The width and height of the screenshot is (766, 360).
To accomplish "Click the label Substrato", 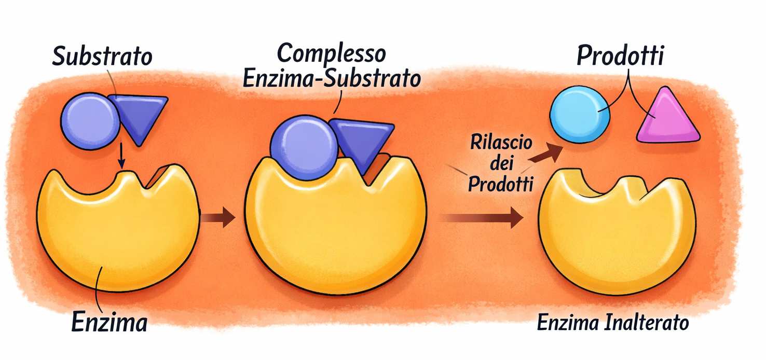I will (102, 56).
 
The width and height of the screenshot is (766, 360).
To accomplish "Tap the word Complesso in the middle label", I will (331, 53).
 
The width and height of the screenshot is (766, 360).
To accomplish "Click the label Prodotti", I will (620, 56).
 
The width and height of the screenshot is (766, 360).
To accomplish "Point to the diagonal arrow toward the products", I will (548, 153).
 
